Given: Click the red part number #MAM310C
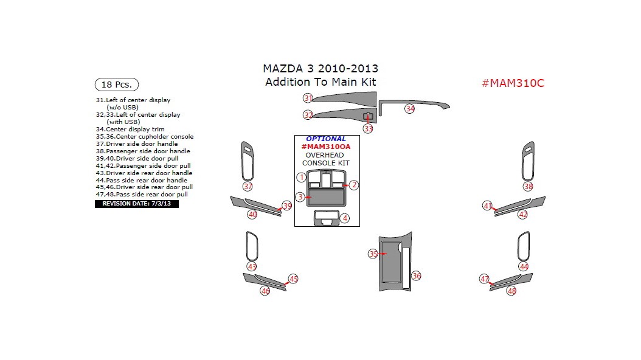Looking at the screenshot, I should click(x=513, y=83).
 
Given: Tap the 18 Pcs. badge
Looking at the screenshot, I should click(x=117, y=85).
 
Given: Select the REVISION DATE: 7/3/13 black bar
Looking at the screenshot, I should click(x=137, y=204).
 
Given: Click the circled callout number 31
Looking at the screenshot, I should click(x=308, y=99).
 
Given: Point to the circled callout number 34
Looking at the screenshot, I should click(x=410, y=108).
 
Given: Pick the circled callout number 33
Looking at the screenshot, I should click(x=369, y=128).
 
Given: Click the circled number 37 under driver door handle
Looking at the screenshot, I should click(x=248, y=187).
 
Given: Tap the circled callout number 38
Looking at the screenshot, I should click(x=528, y=187).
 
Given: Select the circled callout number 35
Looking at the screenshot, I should click(x=373, y=254).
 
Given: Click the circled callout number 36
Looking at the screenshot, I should click(x=416, y=275).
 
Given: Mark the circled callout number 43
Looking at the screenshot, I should click(x=252, y=266).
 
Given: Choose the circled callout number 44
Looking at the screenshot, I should click(x=524, y=266).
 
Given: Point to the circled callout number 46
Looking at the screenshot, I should click(x=265, y=291).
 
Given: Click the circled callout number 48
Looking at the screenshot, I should click(x=511, y=291).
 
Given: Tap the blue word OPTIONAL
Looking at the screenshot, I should click(x=326, y=139).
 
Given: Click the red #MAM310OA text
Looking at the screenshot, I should click(x=325, y=147).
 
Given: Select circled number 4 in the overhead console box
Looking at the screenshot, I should click(x=345, y=218).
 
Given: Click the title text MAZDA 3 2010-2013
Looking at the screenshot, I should click(x=320, y=69).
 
